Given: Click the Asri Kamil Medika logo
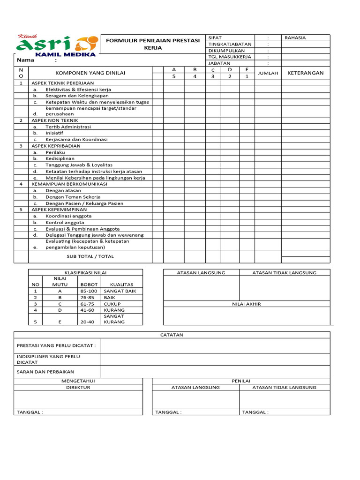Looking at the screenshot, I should pos(57,45).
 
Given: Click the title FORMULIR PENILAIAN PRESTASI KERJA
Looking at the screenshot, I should pos(153,44).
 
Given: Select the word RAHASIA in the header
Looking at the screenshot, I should pos(294,38).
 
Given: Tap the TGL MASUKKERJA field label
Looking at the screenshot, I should pos(230,57).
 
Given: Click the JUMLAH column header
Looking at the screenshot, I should pos(268,73).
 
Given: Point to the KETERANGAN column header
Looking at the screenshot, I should pos(305,73).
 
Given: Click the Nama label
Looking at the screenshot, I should pos(26,60).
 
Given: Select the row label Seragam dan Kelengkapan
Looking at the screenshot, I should pos(77,96).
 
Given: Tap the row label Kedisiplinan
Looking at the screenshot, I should pos(60,159).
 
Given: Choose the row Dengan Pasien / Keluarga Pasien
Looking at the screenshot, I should pos(84,203).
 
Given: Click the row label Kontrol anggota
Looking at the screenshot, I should pos(65,223).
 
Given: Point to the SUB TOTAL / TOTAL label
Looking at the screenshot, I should pos(90,256).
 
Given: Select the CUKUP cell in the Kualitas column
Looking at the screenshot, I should pos(112,304).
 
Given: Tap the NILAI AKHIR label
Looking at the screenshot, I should pos(247,304).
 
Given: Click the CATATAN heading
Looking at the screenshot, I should pos(172,335).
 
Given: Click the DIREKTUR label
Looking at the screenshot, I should pos(78,388).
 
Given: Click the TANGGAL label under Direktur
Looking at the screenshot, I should pos(30,412).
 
